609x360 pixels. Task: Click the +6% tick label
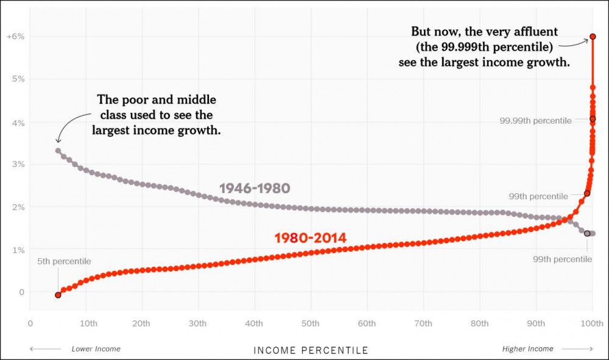(16, 37)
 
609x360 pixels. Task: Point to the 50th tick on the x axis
(310, 323)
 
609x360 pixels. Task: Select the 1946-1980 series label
(255, 188)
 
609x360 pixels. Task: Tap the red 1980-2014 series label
(311, 238)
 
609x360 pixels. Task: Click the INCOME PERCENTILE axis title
(311, 350)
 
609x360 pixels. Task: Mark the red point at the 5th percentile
(58, 295)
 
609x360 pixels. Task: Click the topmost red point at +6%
(593, 37)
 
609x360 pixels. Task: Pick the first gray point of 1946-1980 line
(58, 150)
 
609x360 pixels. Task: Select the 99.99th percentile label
(535, 121)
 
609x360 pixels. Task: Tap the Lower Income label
(96, 349)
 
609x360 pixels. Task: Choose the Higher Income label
(527, 349)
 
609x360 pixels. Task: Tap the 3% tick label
(18, 164)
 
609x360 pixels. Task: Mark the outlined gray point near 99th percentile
(587, 233)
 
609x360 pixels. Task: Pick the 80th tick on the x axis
(480, 323)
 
